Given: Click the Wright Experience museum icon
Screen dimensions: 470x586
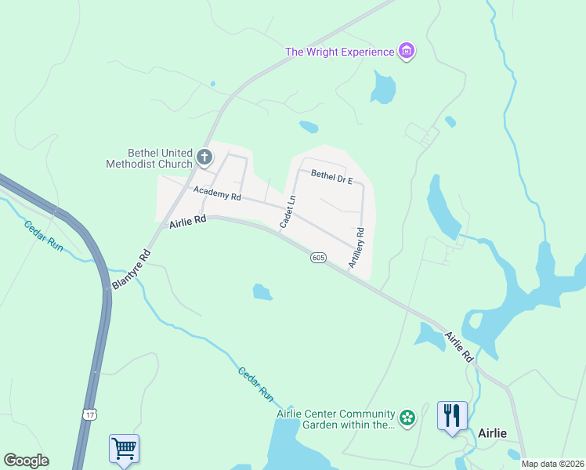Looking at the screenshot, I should coord(407,52).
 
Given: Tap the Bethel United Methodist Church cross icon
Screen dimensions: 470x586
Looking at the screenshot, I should coord(204,157).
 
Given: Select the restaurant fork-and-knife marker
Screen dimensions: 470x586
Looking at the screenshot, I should coord(452,414).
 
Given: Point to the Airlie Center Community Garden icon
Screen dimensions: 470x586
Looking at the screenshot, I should coord(407,418).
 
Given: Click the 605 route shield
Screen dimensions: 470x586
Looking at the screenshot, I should coord(317,258).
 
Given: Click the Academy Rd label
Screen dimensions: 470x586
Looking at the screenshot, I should coord(217,193).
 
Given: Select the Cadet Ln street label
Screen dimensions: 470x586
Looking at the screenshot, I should coord(287,212).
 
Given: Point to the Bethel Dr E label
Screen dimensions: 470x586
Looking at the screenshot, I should coord(332,177).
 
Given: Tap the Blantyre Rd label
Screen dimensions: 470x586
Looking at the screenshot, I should coord(130,270).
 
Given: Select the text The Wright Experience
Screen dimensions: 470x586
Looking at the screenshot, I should coord(339,52).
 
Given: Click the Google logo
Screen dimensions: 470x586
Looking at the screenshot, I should coord(26,461).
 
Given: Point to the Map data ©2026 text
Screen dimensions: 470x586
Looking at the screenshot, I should coord(552,464).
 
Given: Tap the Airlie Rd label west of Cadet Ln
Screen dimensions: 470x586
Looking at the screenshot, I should coord(187,223).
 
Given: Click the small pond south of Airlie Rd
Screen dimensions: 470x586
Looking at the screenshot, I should coord(262,292).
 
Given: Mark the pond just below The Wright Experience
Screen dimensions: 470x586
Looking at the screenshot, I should coord(383,88).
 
